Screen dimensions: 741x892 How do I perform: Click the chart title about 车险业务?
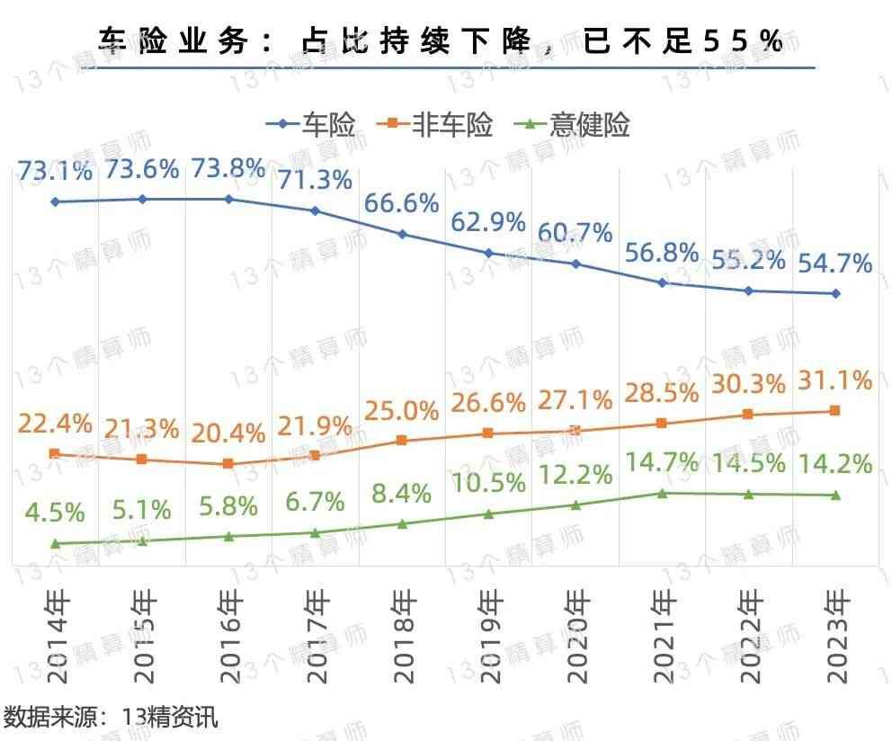pos(441,41)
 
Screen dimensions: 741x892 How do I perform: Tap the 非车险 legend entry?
pos(441,125)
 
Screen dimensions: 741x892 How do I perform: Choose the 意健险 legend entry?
pos(577,125)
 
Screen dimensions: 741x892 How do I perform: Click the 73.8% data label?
pos(229,169)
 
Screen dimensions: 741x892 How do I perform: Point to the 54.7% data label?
pos(836,263)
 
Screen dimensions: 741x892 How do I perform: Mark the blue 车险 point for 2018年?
pos(402,235)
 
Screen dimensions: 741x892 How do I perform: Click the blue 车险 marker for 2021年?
pos(663,282)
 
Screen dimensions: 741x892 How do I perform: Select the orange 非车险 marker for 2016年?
pos(228,464)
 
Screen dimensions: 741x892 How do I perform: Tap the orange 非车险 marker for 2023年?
pos(835,411)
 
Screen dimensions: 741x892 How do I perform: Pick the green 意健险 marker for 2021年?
pos(663,493)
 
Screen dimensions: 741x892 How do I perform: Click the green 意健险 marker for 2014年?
pos(55,543)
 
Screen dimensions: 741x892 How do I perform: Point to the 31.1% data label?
pos(836,381)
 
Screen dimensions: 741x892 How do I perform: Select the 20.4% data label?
pos(229,434)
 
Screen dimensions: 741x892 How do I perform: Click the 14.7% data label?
pos(663,463)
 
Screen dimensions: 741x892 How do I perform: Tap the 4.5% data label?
pos(55,513)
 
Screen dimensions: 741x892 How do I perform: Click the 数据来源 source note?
pos(110,718)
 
